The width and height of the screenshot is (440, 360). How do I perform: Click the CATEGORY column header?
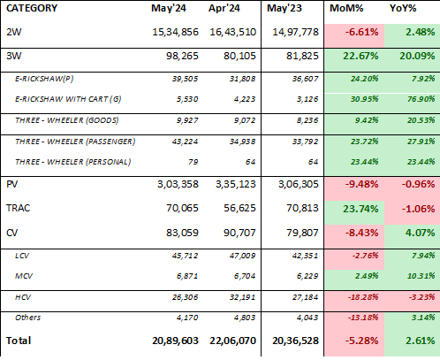32,8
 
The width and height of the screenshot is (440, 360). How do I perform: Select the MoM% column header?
346,8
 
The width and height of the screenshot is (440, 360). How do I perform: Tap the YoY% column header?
403,8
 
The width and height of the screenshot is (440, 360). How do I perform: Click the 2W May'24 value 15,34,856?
175,32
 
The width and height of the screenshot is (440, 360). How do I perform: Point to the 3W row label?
13,56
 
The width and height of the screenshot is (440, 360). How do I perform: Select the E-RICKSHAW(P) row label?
44,79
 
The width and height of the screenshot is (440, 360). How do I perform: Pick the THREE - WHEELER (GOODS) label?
67,120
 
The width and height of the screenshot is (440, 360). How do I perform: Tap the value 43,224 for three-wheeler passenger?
185,142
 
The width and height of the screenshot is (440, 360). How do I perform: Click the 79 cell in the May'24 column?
193,162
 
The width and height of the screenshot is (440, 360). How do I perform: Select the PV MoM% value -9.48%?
361,184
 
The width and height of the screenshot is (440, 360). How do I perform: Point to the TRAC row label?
18,208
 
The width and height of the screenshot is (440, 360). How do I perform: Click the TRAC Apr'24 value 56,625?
239,208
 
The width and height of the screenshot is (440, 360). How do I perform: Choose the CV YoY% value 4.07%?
420,233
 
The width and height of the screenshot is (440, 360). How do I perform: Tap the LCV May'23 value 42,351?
305,256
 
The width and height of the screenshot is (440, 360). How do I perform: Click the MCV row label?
24,276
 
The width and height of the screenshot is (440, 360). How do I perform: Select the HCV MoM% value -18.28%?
363,297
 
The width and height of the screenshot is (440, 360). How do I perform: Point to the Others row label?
28,318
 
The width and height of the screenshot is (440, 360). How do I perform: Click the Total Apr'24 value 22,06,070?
232,341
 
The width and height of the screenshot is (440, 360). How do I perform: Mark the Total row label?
19,341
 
